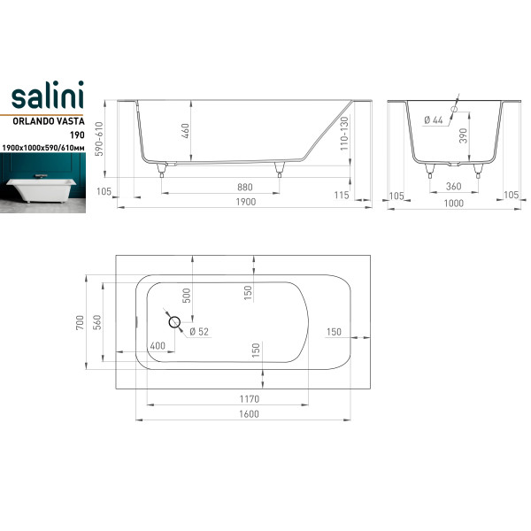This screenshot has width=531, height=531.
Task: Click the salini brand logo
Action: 48,96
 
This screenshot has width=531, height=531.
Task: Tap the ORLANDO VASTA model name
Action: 49,121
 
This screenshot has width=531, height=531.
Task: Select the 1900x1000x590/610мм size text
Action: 43,148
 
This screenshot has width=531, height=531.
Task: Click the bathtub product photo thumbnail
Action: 42,183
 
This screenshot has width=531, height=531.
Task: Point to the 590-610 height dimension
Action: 98,139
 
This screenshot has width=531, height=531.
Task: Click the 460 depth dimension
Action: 185,131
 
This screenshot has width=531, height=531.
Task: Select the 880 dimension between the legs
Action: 244,188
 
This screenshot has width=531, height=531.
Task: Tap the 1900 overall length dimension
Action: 246,202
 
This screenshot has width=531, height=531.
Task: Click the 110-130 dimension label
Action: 343,134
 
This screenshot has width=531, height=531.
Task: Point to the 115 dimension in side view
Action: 342,195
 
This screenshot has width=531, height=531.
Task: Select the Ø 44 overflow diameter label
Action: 433,119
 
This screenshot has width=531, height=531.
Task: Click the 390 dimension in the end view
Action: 463,135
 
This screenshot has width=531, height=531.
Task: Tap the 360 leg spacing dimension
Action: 453,186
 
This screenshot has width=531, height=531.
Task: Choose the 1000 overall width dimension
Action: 453,204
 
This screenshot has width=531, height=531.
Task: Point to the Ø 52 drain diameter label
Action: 199,332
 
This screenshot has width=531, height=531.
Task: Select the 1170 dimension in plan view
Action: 250,399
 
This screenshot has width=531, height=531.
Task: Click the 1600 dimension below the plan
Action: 249,414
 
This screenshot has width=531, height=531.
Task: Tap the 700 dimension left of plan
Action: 80,322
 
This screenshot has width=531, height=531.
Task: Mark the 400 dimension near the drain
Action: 158,346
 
